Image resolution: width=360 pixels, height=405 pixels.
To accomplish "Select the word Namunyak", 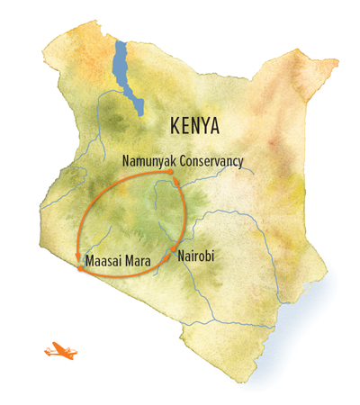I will [x=149, y=162].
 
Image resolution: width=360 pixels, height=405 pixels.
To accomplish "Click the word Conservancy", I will [x=211, y=162].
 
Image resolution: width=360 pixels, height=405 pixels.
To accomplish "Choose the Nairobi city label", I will [x=198, y=256].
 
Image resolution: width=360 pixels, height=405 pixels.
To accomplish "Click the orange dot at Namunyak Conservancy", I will [x=177, y=183].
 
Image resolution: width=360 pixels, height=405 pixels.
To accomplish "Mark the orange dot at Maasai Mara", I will [x=81, y=268].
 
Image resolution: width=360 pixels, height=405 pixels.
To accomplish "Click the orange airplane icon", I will [x=58, y=349].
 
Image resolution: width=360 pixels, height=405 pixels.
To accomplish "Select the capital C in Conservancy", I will [x=182, y=162].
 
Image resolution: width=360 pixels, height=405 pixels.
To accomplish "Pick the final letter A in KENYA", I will [x=214, y=124].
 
